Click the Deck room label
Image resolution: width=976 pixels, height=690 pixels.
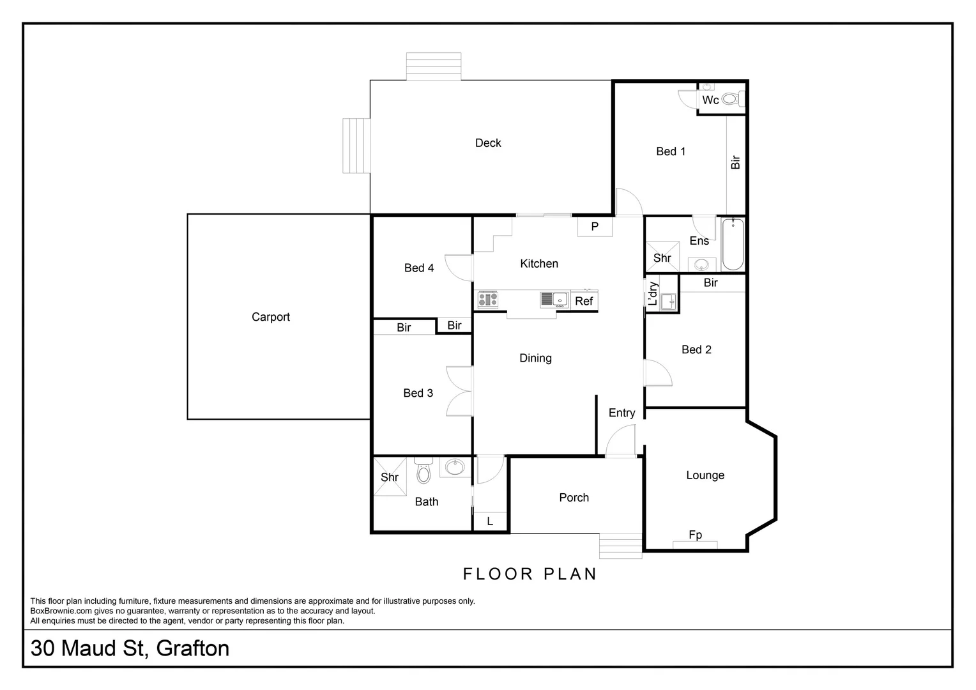488,143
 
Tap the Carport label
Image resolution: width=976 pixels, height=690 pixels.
271,317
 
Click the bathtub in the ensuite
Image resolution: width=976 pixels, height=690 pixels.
733,244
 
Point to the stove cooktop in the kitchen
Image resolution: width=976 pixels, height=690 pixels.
487,298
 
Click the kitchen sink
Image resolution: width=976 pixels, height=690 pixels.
554,299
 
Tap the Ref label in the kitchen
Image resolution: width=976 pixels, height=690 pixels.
584,301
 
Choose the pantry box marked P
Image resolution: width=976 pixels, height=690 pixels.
595,227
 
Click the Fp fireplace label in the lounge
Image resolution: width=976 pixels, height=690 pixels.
695,535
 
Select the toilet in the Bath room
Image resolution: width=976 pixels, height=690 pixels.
423,471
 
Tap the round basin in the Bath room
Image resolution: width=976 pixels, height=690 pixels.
455,467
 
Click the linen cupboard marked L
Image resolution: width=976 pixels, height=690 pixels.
490,521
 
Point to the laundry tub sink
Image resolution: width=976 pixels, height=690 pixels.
668,301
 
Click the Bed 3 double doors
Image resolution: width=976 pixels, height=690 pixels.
459,392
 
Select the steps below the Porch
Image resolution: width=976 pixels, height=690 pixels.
620,546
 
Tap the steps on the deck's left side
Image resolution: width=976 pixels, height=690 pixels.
356,145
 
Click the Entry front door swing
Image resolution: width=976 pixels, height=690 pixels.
620,442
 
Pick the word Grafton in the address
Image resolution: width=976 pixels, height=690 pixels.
192,648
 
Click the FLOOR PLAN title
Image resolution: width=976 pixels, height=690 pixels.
530,574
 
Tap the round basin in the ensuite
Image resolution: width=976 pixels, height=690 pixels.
702,264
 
